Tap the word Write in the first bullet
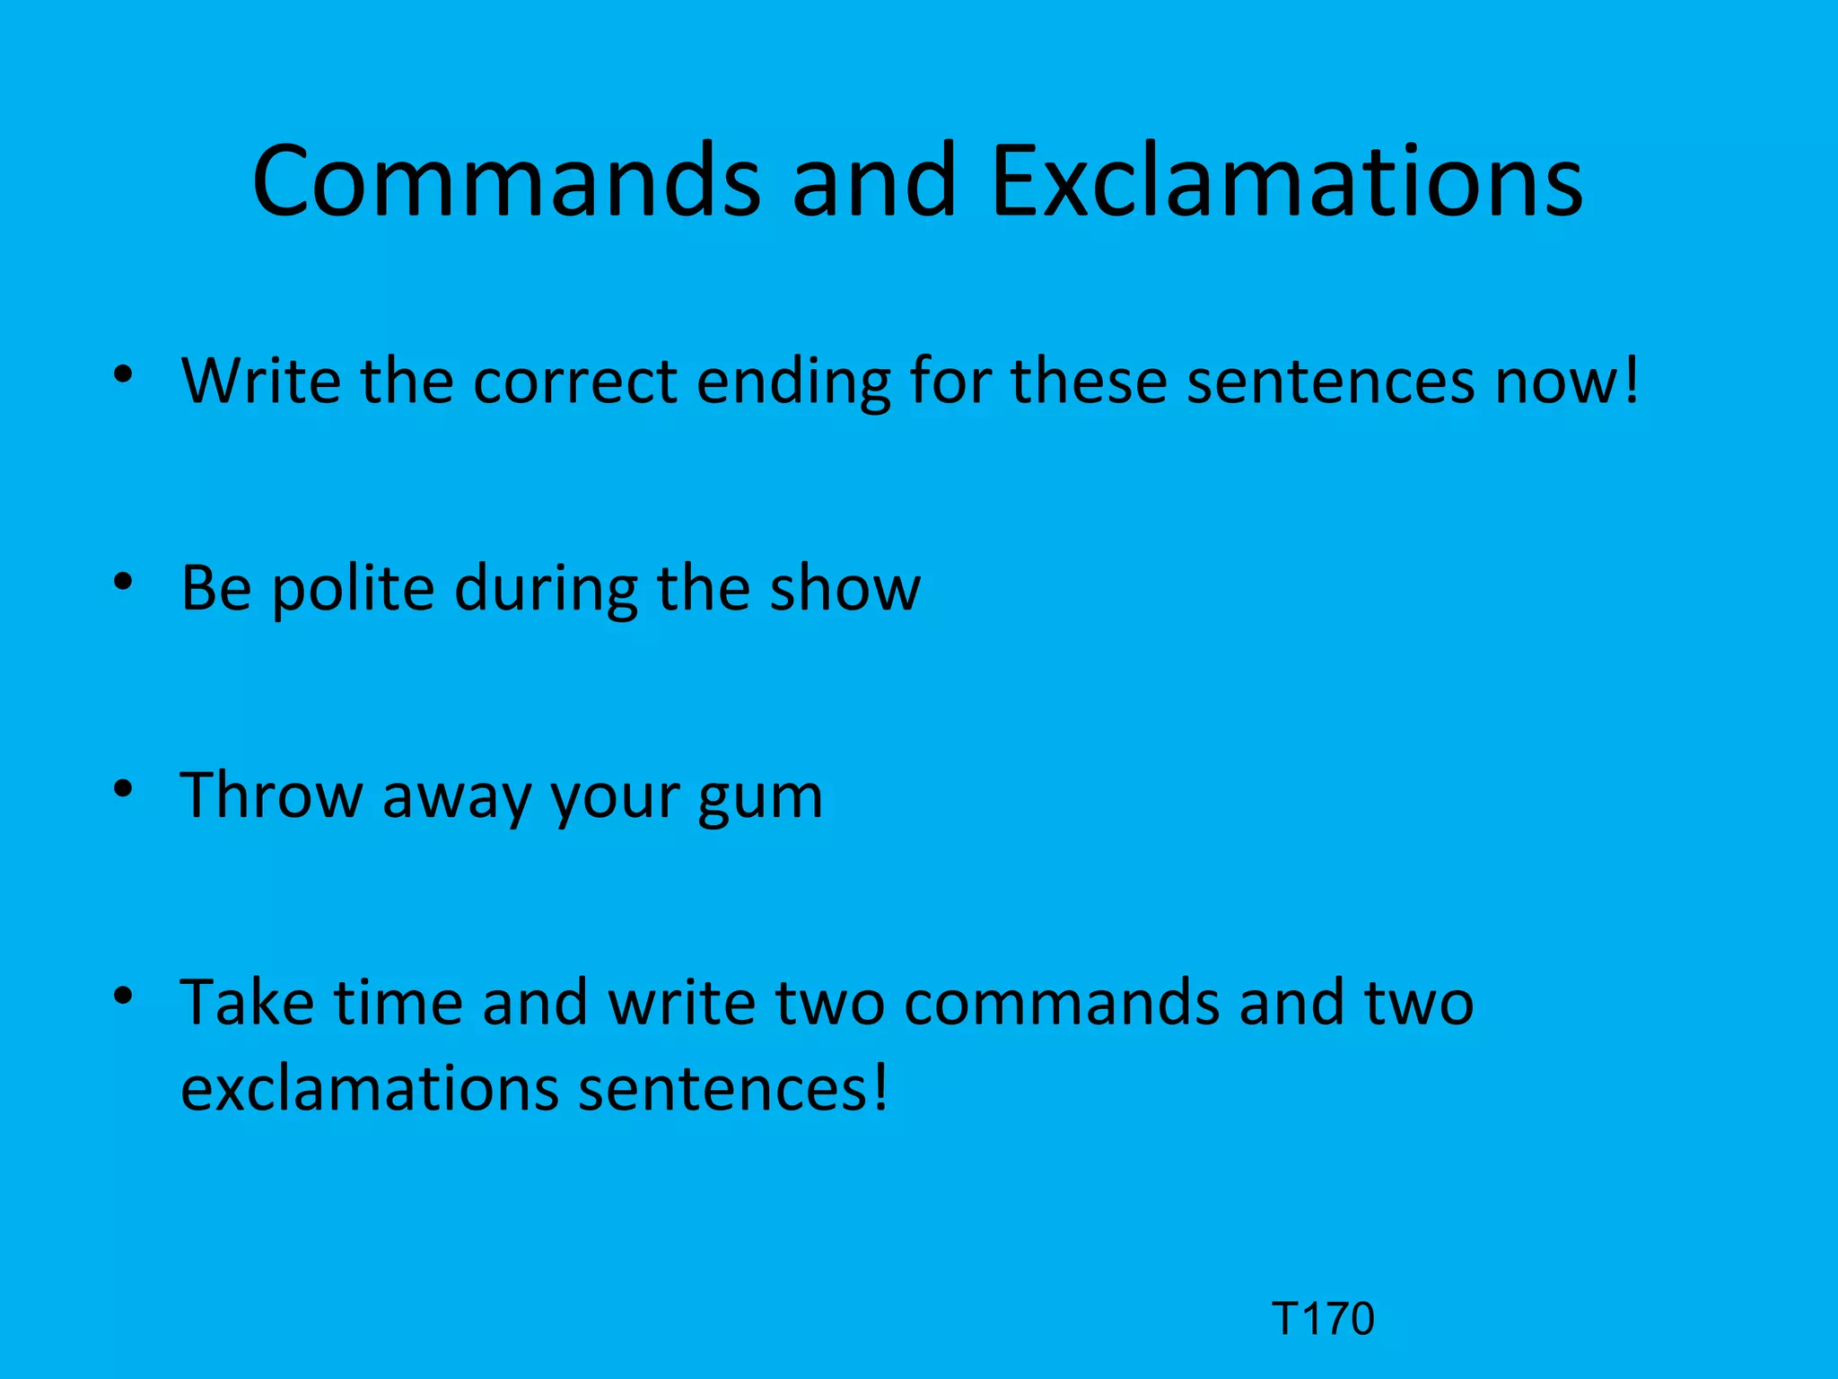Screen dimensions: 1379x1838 point(261,381)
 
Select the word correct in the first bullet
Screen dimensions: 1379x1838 point(574,381)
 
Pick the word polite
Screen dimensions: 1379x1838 point(353,591)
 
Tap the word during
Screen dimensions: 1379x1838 point(546,591)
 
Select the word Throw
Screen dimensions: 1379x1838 point(270,795)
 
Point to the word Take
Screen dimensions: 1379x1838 point(247,1002)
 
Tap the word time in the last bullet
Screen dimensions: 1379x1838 point(398,1002)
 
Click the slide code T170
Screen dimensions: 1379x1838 point(1323,1319)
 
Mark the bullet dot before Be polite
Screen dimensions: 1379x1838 point(124,583)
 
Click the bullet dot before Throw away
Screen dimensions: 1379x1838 point(124,789)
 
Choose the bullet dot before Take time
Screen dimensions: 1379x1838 point(124,996)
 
